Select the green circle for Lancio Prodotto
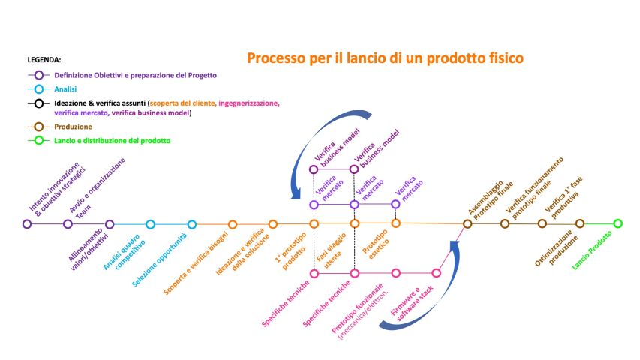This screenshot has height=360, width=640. tap(617, 223)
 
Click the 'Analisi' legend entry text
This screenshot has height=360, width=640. tap(66, 88)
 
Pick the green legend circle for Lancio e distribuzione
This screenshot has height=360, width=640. tap(38, 139)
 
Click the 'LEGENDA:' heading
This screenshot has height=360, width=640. tap(44, 59)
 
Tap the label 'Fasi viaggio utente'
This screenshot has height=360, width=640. tap(332, 250)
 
